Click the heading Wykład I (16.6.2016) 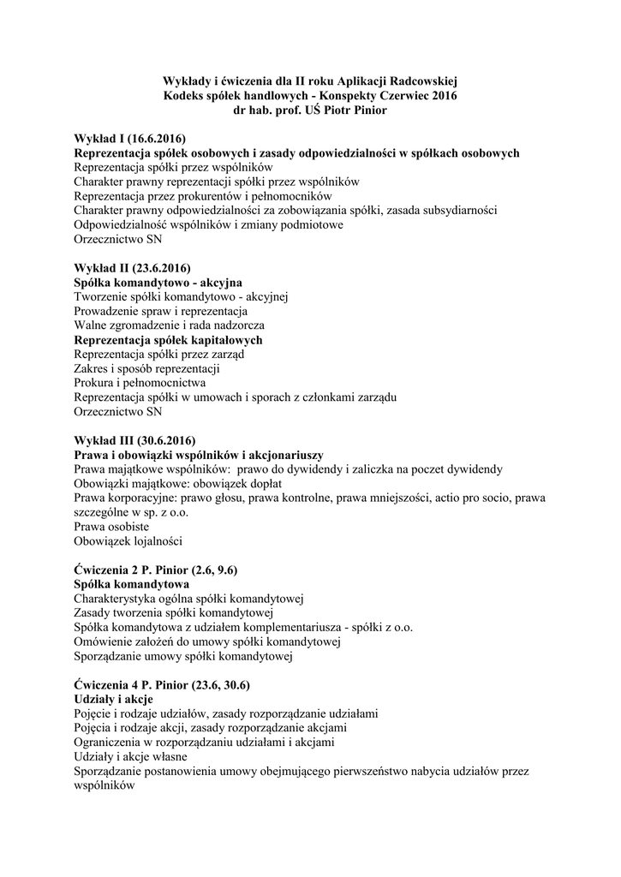129,139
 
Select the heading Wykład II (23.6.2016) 132,268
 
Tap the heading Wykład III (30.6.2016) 134,440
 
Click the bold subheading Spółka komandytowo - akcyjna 158,283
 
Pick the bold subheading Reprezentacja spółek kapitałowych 168,340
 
